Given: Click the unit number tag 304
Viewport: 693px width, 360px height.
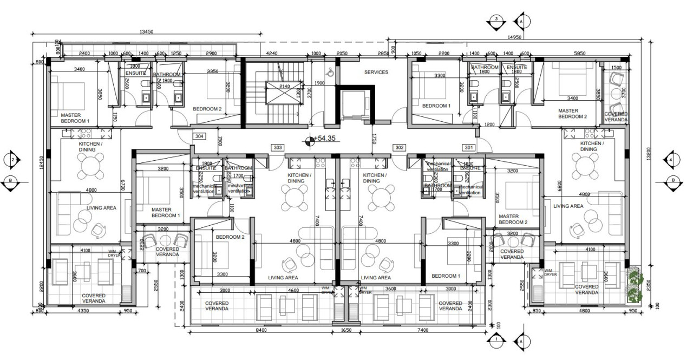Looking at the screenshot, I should tap(199, 136).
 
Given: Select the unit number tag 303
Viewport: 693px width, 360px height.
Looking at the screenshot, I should tap(278, 147).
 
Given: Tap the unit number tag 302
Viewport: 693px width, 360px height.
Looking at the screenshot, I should tap(400, 147).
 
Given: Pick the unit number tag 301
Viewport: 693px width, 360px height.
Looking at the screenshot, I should tap(468, 147).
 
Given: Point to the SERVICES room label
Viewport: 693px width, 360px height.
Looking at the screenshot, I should tap(376, 72).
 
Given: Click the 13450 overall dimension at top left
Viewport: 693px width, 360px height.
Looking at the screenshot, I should tap(146, 32).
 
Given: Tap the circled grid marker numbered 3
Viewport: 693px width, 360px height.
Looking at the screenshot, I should tap(496, 19).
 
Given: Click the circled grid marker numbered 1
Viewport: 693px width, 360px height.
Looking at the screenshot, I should tap(496, 340).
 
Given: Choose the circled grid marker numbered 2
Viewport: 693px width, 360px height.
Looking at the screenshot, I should tap(12, 160).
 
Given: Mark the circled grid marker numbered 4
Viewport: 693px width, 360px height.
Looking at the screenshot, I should tap(670, 160).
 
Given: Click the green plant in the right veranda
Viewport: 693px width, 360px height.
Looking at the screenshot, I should tap(634, 285).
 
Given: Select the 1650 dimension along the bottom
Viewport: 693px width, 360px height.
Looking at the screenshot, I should tap(345, 330).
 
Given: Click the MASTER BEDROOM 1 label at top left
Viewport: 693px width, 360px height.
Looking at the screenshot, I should tap(75, 118).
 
